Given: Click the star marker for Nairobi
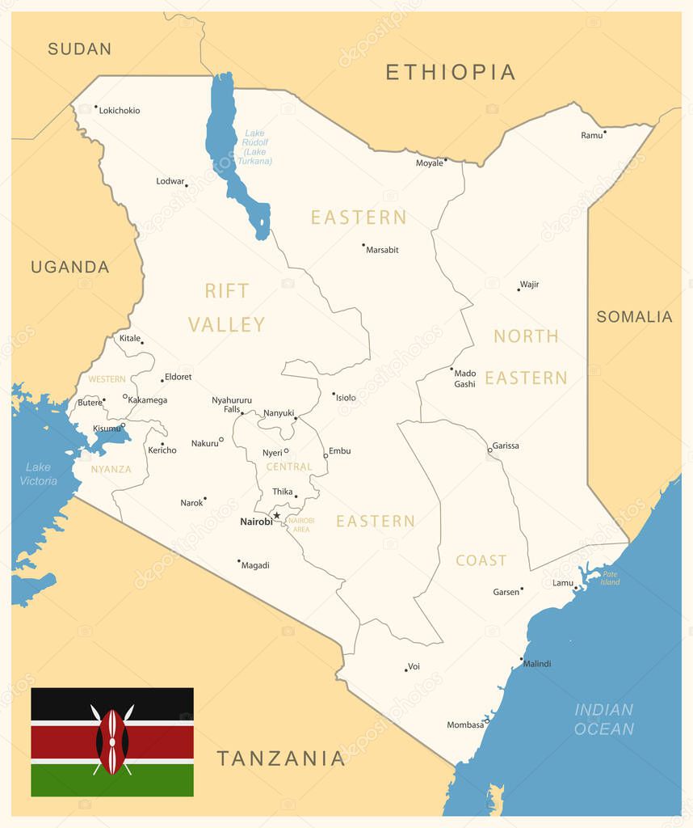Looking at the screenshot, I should pyautogui.click(x=276, y=515).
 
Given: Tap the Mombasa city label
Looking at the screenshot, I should pyautogui.click(x=465, y=725).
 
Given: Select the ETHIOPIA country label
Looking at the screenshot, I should pyautogui.click(x=450, y=72).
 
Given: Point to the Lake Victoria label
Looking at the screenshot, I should pyautogui.click(x=38, y=474).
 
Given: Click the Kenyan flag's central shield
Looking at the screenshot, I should pyautogui.click(x=112, y=741).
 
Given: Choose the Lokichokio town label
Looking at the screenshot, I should pyautogui.click(x=120, y=111).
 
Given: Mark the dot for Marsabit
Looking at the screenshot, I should pyautogui.click(x=363, y=244).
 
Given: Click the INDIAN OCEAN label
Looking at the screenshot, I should pyautogui.click(x=603, y=719).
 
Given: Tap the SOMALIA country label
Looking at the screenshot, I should pyautogui.click(x=634, y=317).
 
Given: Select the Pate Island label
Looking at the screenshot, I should pyautogui.click(x=610, y=578).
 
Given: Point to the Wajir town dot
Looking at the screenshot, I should pyautogui.click(x=519, y=289).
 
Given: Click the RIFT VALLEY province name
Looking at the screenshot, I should pyautogui.click(x=227, y=307).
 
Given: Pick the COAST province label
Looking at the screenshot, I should pyautogui.click(x=481, y=560).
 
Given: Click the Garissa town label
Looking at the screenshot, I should pyautogui.click(x=506, y=446).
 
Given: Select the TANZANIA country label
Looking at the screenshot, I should pyautogui.click(x=280, y=758).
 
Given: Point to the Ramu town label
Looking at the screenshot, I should pyautogui.click(x=591, y=135).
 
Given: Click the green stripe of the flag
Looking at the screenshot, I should pyautogui.click(x=112, y=781).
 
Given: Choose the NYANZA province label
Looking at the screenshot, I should pyautogui.click(x=111, y=469).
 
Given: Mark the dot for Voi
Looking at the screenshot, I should pyautogui.click(x=406, y=670).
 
